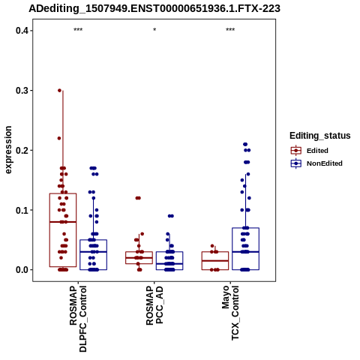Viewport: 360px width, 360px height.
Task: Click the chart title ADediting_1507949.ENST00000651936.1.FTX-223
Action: point(154,8)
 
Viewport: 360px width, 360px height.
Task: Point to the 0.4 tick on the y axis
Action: point(21,31)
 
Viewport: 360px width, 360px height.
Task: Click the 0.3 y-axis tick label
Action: point(21,91)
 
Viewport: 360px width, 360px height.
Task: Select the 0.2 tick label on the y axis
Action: point(21,150)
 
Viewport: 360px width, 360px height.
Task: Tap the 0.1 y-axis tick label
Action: point(21,210)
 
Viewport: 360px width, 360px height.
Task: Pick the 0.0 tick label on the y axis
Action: point(21,270)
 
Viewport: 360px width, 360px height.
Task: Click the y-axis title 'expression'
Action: point(8,150)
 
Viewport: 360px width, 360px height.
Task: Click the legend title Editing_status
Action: point(320,136)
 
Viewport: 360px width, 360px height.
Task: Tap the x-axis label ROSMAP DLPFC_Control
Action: point(78,319)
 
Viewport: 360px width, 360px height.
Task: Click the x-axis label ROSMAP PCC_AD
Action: point(154,305)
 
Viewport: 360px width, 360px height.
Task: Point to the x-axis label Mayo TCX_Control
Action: point(230,313)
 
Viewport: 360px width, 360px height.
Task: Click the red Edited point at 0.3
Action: point(59,91)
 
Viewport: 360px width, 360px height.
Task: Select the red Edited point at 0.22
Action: point(59,138)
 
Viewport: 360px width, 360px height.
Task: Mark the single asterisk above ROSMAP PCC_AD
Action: point(154,30)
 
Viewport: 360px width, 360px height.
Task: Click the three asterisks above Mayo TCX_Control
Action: point(230,30)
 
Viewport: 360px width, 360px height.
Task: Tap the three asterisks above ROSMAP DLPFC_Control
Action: point(78,30)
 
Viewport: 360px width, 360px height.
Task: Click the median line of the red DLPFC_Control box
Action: point(63,222)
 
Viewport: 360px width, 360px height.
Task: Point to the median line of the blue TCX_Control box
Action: point(245,252)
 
